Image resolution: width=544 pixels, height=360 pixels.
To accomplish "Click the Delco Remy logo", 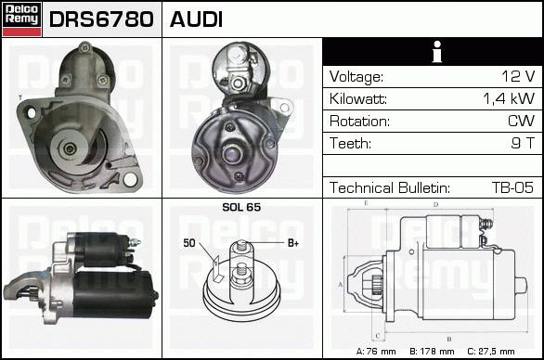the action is tap(22, 19).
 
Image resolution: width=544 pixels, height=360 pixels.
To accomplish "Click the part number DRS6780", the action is tap(101, 19).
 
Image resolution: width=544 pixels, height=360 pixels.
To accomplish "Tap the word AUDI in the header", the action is tap(196, 19).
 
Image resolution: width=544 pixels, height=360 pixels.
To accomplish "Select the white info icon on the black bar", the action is tap(437, 52).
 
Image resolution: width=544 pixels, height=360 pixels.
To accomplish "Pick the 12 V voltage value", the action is tap(518, 76).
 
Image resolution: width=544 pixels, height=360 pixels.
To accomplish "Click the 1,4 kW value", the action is tap(509, 98).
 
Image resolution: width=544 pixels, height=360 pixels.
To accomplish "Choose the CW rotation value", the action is tap(521, 121).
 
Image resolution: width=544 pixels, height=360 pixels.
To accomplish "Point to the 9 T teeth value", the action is tap(523, 143).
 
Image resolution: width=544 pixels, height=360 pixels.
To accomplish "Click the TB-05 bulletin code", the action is tap(512, 187).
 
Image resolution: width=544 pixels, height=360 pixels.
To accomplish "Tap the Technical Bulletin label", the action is tap(390, 187).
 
